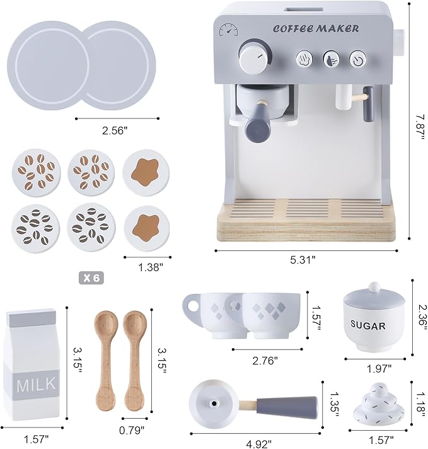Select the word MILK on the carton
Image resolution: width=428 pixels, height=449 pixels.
[x=36, y=383]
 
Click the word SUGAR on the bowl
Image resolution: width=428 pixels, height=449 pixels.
[x=367, y=325]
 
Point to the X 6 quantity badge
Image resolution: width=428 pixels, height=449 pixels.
[x=93, y=277]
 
